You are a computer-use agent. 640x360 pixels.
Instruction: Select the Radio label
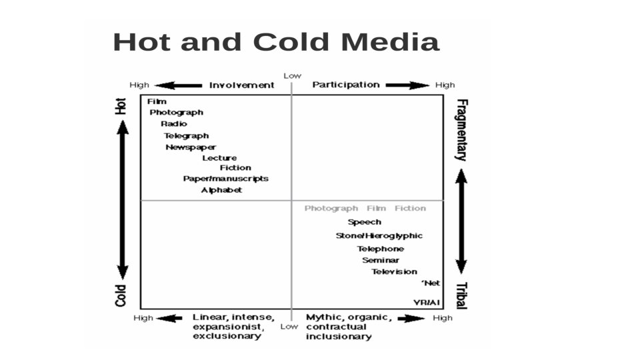point(174,124)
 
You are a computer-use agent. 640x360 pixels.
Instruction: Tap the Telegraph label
point(187,136)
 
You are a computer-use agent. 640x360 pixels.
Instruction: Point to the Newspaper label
point(191,147)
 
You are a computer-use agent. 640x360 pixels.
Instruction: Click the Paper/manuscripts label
point(226,179)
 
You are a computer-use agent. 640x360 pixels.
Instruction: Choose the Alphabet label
point(222,191)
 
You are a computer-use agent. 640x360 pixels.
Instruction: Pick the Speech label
point(365,222)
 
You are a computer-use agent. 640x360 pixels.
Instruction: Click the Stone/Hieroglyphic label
point(379,236)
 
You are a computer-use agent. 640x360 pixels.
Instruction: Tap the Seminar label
point(381,260)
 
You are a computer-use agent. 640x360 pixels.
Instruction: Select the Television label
point(395,272)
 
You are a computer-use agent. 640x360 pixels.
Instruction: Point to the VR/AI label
point(427,302)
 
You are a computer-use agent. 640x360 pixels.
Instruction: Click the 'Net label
point(431,283)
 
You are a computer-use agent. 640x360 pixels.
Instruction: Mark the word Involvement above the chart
point(241,85)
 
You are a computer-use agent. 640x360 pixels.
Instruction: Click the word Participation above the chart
point(346,85)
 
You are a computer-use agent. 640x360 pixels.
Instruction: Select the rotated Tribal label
point(461,295)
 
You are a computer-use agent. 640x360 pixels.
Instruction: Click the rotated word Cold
point(121,295)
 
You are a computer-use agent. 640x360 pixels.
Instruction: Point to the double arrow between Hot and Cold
point(123,199)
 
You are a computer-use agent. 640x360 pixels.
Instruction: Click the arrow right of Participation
point(407,85)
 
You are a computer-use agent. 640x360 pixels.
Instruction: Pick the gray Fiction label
point(410,209)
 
